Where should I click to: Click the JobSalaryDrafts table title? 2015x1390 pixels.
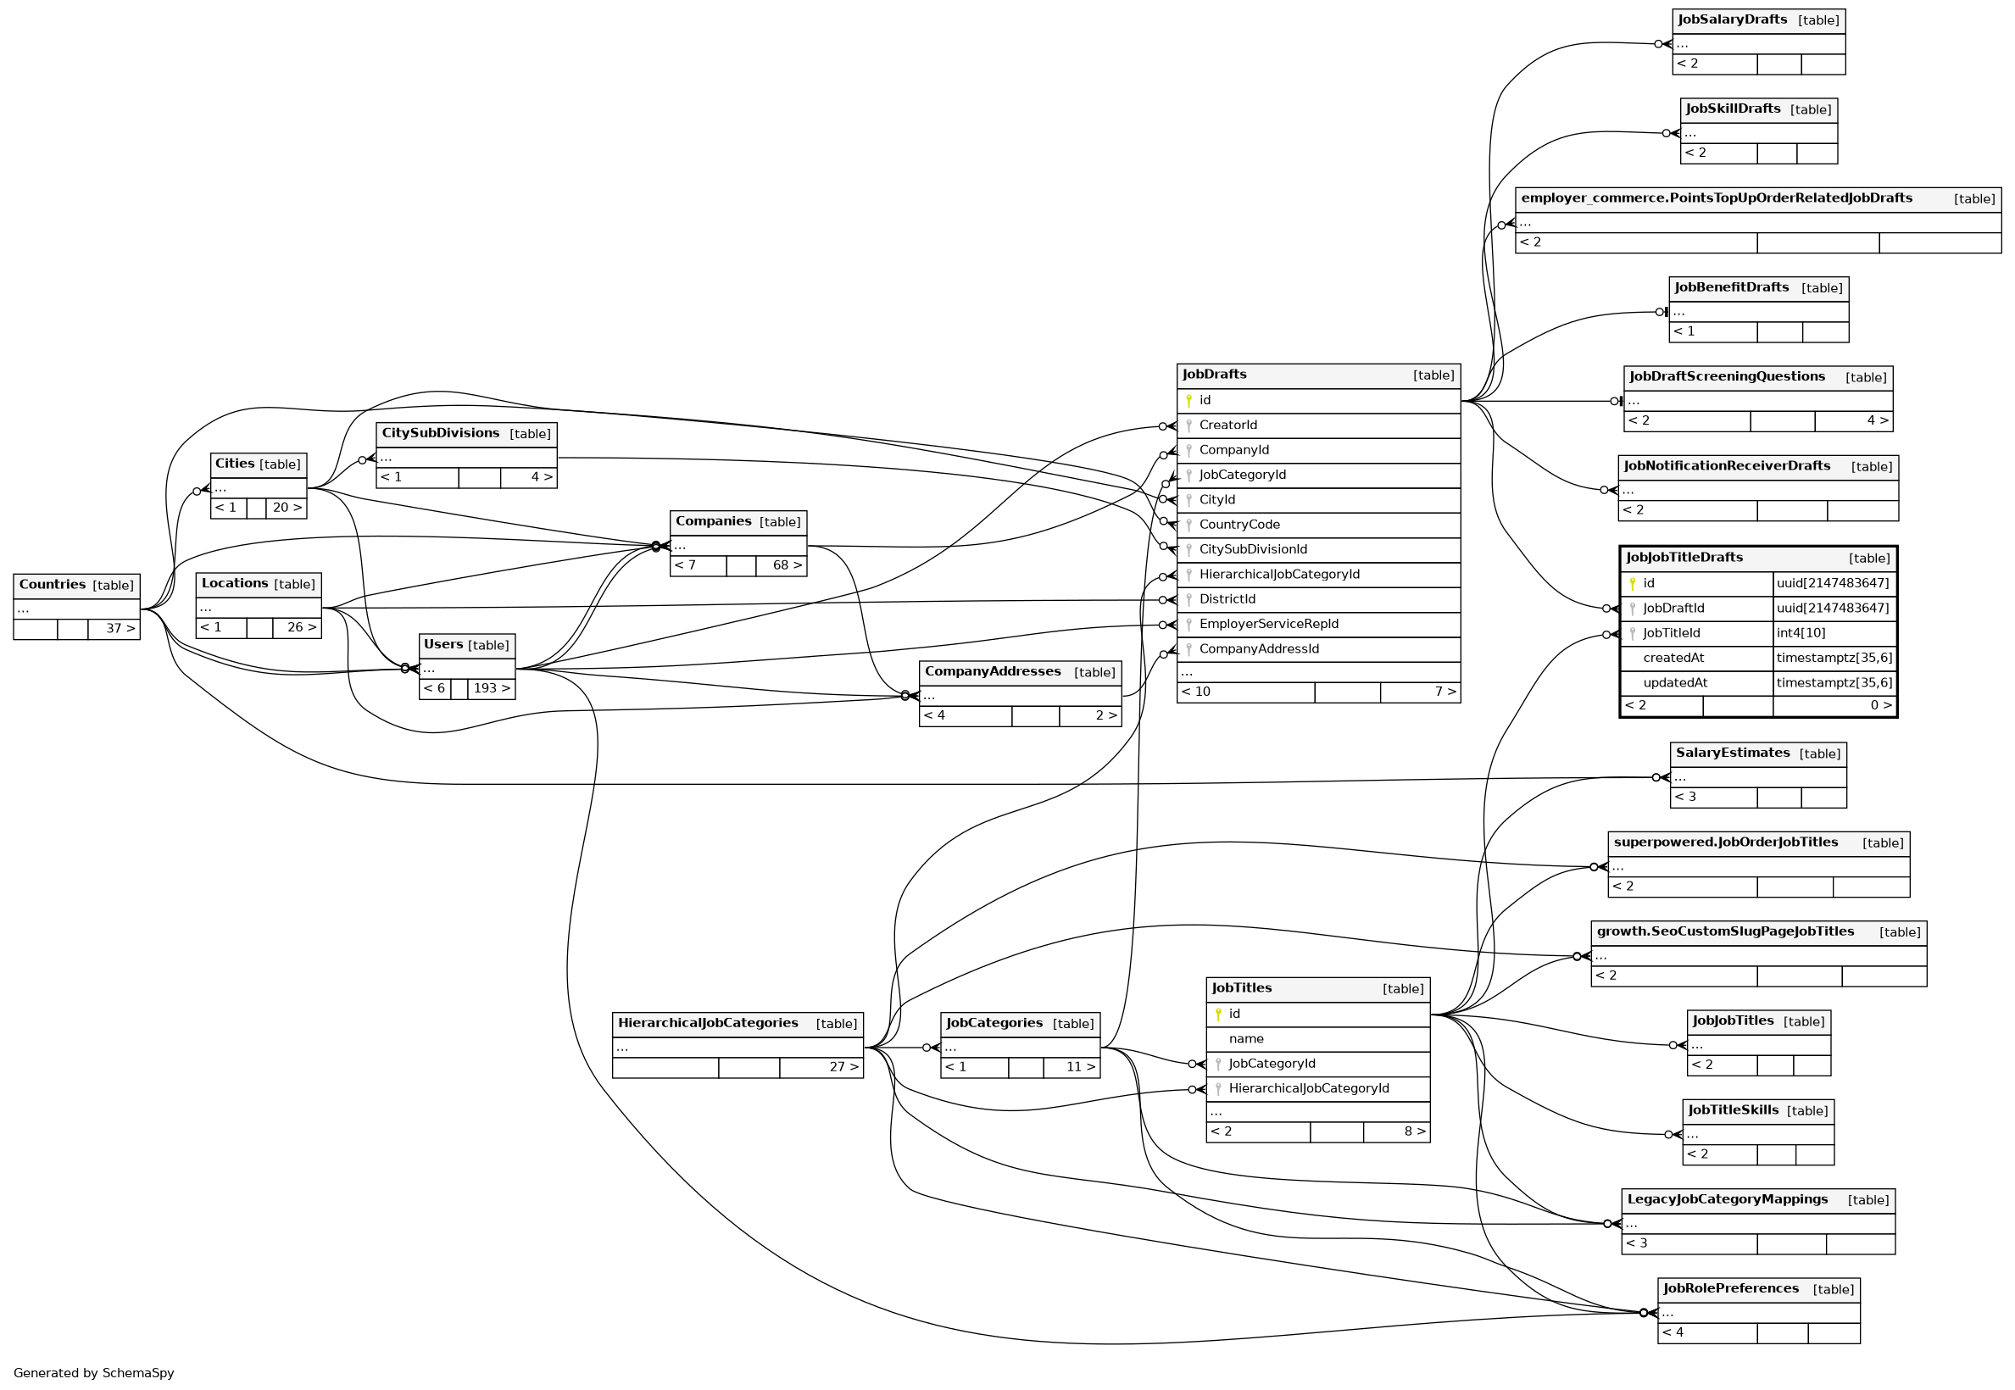click(1731, 20)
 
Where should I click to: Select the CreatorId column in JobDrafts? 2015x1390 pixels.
click(1227, 425)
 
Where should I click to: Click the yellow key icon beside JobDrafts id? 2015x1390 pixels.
click(1188, 401)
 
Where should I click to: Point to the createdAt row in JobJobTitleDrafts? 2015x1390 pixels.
click(1673, 658)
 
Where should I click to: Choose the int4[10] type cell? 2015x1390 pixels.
click(1800, 633)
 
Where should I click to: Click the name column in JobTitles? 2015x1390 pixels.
click(1246, 1038)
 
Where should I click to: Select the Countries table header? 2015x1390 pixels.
click(53, 584)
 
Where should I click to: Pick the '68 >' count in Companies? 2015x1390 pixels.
click(787, 565)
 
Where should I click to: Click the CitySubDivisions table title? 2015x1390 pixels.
click(440, 433)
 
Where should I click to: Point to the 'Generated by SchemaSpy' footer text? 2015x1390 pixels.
click(93, 1372)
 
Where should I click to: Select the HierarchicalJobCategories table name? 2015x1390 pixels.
click(707, 1022)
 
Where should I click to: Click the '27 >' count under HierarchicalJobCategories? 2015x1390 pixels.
click(843, 1067)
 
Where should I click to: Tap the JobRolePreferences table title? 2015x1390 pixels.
click(1730, 1288)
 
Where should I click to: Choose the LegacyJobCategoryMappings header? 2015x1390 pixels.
click(1727, 1199)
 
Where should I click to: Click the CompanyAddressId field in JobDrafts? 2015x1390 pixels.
click(1258, 649)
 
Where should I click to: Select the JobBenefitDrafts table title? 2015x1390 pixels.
click(1731, 287)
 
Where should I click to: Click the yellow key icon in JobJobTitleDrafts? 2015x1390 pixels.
click(1632, 583)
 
